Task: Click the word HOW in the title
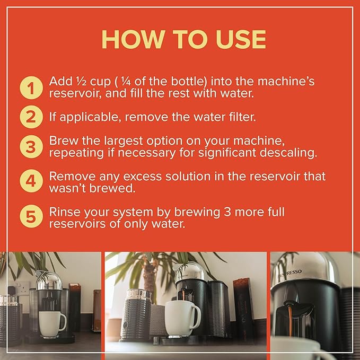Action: [134, 39]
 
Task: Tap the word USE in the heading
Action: [241, 39]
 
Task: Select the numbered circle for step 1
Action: [31, 87]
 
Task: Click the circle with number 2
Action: [31, 117]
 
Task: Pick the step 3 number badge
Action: [31, 147]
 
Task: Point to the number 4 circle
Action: [31, 181]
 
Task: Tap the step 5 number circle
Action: [31, 216]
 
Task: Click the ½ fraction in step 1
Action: [81, 81]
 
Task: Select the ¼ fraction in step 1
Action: [126, 81]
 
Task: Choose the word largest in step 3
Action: [124, 141]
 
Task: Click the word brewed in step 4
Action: [112, 188]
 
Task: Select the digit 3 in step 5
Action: [227, 212]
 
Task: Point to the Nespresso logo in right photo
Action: [289, 274]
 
